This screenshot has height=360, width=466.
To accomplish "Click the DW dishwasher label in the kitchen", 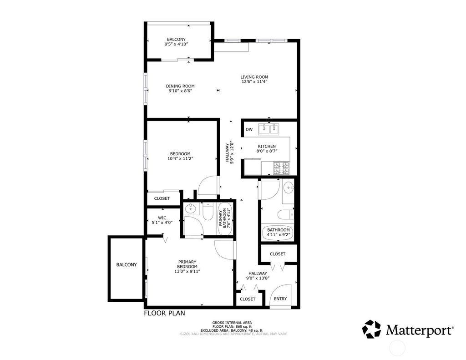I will pos(249,130).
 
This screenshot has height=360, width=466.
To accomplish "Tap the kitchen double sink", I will pos(268,130).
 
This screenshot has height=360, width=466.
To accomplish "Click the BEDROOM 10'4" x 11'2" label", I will pos(180,156).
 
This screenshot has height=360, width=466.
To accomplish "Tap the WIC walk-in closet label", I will pos(162,220).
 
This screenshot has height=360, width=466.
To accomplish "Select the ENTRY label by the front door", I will pos(280,299).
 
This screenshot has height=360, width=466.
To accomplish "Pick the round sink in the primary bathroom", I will pos(191,210).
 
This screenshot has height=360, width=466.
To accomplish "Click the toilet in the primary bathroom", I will pos(208,212).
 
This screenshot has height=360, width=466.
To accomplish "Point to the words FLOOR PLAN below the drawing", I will pos(164,313).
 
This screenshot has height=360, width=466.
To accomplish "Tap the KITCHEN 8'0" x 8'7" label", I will pos(267,149).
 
